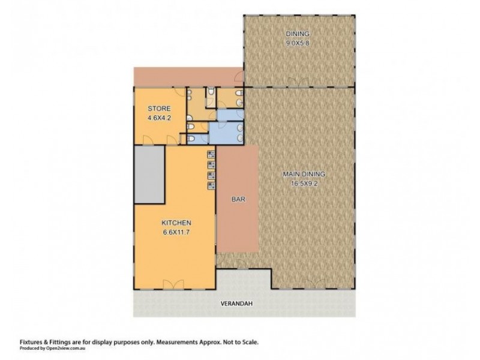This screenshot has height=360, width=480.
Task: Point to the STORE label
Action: point(159,109)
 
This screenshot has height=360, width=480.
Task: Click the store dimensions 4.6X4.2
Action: point(159,118)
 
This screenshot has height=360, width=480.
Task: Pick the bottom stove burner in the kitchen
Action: point(211,185)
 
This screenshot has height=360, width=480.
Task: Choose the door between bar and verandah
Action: point(238,265)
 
